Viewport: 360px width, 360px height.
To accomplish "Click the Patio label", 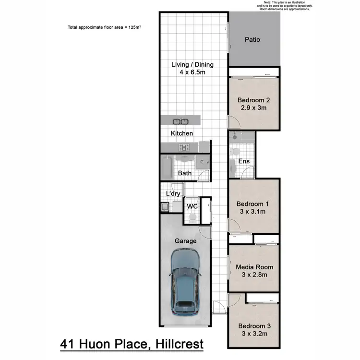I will (x=252, y=39).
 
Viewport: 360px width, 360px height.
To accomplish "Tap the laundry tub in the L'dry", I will (x=165, y=207).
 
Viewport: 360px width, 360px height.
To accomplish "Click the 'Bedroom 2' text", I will (x=254, y=100).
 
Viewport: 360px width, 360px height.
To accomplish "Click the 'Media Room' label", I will (x=254, y=267).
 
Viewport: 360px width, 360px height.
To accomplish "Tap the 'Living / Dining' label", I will (x=192, y=65).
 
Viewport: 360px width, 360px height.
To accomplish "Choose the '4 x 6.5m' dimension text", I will (x=192, y=73).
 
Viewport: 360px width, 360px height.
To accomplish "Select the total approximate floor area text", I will (x=104, y=27).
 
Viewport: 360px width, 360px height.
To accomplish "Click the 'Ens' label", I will (x=244, y=161).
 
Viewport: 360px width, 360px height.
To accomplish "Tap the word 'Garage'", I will (x=185, y=241).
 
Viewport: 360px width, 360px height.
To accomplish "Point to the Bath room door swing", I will (x=204, y=176).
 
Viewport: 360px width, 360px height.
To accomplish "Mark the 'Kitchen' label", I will (x=182, y=133).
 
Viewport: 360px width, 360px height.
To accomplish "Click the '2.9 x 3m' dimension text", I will (x=254, y=108).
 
